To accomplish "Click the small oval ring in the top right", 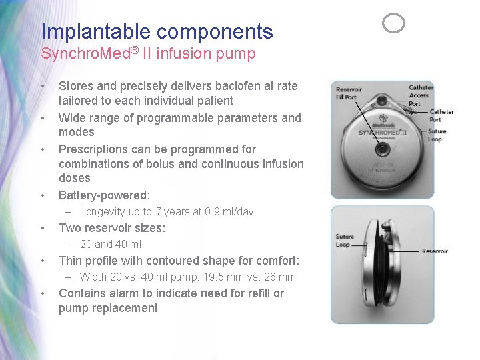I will (x=393, y=24).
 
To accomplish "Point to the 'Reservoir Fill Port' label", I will (x=349, y=93).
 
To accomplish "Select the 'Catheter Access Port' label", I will (x=420, y=95).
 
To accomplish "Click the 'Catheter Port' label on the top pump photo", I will (x=441, y=115).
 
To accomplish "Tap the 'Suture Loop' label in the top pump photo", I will (x=437, y=135).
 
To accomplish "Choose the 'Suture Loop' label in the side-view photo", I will (x=345, y=241).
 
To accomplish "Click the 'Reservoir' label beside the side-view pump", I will (x=435, y=251).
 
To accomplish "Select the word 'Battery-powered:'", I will (x=105, y=195).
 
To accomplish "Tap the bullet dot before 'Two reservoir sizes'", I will (x=43, y=229).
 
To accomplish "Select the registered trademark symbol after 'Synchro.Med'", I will (x=133, y=49).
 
